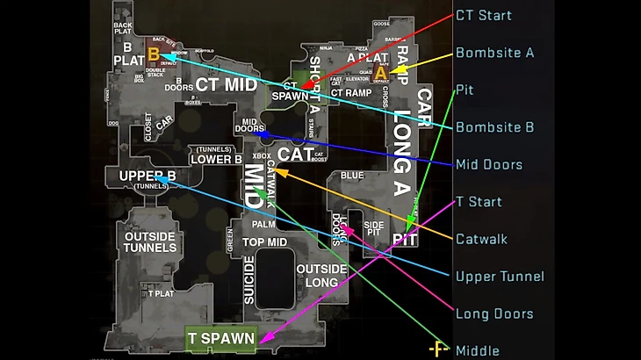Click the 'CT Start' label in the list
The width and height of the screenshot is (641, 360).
(x=483, y=15)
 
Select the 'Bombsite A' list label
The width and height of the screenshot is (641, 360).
(x=494, y=53)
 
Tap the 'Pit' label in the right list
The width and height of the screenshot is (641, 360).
(x=465, y=90)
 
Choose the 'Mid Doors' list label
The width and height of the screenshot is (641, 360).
(x=489, y=164)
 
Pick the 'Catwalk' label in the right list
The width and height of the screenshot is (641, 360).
(x=481, y=239)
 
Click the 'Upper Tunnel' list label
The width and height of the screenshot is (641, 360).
(x=500, y=277)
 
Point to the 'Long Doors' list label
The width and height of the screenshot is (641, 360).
(x=493, y=313)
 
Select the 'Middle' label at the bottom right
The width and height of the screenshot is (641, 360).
(x=478, y=350)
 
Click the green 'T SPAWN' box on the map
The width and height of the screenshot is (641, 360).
(x=220, y=338)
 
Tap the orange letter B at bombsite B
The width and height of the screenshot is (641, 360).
(x=154, y=54)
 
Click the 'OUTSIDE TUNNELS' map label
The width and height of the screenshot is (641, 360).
(x=150, y=241)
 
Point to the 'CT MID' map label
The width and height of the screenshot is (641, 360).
(x=226, y=84)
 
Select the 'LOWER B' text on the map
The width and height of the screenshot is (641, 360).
(x=216, y=160)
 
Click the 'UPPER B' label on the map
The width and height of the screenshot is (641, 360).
(x=148, y=176)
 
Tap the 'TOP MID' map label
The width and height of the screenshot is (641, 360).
(x=264, y=242)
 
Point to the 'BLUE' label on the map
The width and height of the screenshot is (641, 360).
(x=352, y=176)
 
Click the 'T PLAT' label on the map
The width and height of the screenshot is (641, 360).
(x=161, y=293)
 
